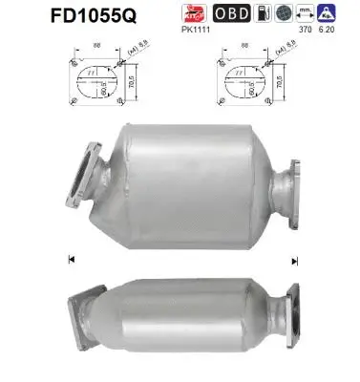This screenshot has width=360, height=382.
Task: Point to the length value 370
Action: click(x=306, y=31)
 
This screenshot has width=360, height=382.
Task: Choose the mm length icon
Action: click(x=306, y=13)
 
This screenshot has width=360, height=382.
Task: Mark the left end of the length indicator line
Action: click(x=71, y=259)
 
